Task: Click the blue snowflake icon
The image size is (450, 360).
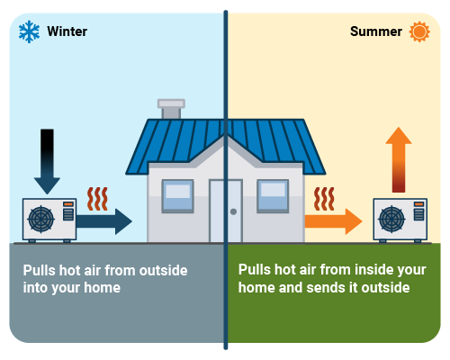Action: (x=30, y=32)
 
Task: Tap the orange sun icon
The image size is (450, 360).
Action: (x=418, y=32)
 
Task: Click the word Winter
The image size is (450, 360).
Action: (x=67, y=32)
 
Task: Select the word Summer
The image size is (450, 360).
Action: (x=376, y=32)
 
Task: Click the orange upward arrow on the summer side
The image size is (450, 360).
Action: (x=398, y=163)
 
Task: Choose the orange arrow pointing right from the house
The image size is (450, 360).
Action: (x=333, y=220)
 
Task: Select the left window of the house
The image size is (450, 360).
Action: (x=177, y=195)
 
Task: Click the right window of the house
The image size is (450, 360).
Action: (x=273, y=195)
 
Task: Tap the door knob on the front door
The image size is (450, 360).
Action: (x=233, y=211)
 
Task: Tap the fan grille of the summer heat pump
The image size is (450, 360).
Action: (x=393, y=220)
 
